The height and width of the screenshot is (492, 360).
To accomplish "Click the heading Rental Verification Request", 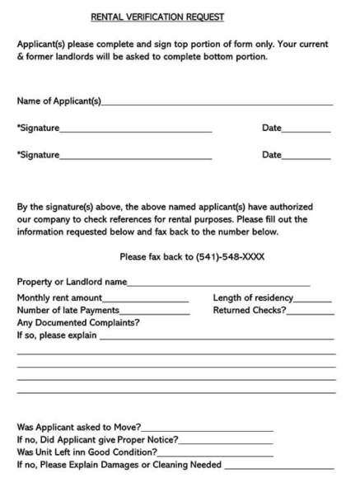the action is (x=168, y=16).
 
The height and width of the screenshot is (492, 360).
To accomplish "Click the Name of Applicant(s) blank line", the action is (x=217, y=104).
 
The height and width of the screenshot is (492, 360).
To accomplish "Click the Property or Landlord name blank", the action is (x=218, y=285).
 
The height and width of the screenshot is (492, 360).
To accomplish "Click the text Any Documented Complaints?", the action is (x=78, y=323).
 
